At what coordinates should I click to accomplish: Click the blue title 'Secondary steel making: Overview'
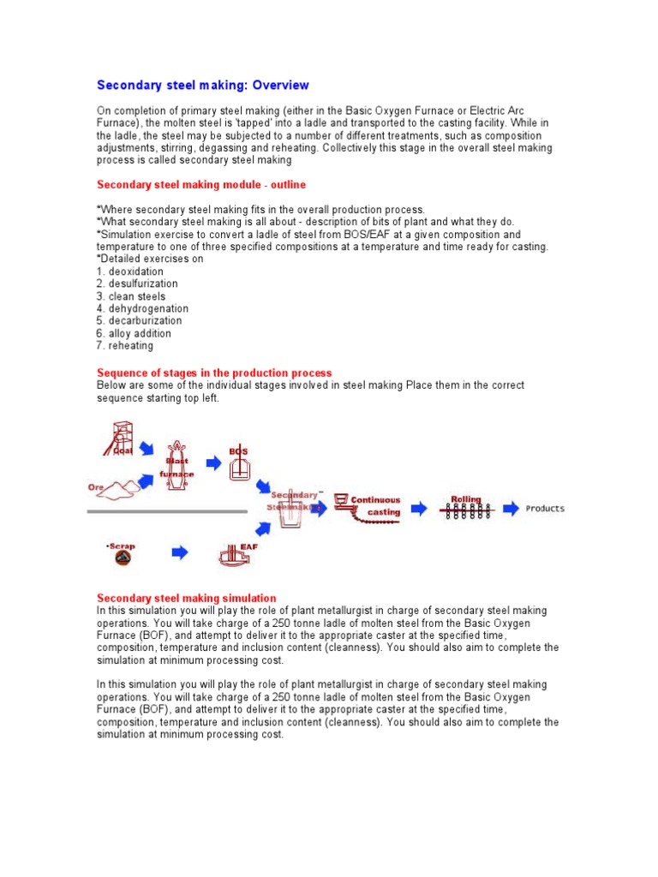tap(202, 86)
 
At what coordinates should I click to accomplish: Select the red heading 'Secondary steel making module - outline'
tap(200, 184)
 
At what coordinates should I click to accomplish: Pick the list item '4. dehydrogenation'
tap(142, 308)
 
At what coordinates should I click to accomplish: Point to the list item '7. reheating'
tap(125, 346)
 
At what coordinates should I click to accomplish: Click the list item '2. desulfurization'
tap(137, 283)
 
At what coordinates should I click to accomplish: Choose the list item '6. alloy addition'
tap(134, 333)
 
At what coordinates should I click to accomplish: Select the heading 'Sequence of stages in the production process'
tap(214, 373)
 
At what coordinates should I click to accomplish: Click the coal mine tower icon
tap(117, 438)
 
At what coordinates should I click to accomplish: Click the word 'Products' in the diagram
tap(545, 509)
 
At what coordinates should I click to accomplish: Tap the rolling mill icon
tap(466, 509)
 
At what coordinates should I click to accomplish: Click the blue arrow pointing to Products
tap(511, 509)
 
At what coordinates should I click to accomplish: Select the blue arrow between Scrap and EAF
tap(179, 553)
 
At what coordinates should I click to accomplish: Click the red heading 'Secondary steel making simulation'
tap(186, 598)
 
